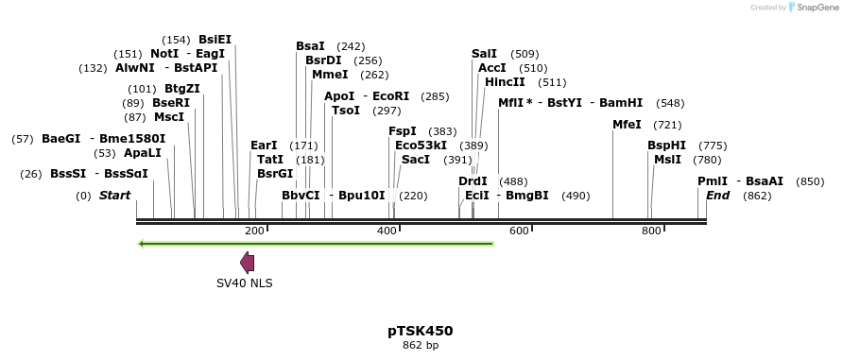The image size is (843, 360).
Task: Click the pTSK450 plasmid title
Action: [x=420, y=331]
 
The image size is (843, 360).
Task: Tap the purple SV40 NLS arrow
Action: [x=247, y=263]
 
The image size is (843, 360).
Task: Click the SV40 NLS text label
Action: [x=244, y=283]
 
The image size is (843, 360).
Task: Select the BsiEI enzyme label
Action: [x=215, y=40]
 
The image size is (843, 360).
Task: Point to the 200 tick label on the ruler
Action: [x=254, y=231]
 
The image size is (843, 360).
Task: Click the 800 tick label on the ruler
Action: [x=651, y=231]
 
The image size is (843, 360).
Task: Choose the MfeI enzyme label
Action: [x=627, y=125]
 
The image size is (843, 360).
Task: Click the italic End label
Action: [x=717, y=196]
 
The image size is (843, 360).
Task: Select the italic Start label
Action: [x=114, y=196]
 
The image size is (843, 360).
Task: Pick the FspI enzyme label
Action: [x=403, y=131]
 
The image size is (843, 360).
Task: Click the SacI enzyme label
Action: [x=416, y=160]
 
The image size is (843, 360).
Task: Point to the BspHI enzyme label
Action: [x=667, y=146]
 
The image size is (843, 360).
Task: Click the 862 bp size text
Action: [x=420, y=346]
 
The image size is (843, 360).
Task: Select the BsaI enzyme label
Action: [x=310, y=46]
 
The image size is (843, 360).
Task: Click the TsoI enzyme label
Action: [x=346, y=111]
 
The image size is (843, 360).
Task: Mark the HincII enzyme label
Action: [x=505, y=82]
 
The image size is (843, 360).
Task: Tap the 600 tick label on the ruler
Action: [x=519, y=231]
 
